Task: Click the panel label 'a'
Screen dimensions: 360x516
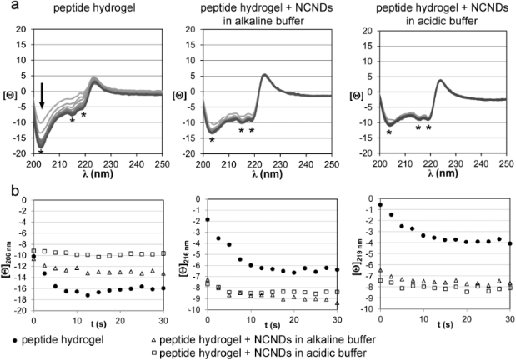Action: point(6,7)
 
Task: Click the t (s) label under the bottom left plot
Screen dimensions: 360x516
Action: point(101,330)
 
